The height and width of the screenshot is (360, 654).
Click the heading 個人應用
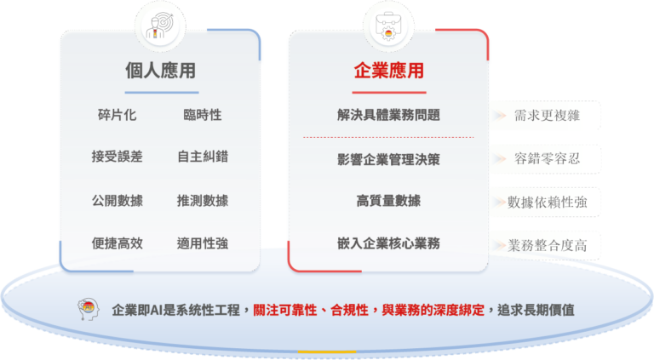point(161,71)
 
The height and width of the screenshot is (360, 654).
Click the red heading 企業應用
point(388,71)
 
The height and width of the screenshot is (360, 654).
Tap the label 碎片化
point(118,115)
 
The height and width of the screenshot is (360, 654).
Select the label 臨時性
point(203,115)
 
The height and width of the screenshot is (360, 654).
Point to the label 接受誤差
point(118,157)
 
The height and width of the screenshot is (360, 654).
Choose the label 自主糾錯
point(203,157)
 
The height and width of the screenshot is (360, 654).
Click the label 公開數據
point(118,201)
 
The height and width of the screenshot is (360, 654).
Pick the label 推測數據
point(203,201)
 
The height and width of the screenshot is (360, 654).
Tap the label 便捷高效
point(118,243)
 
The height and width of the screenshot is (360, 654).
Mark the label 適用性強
point(203,243)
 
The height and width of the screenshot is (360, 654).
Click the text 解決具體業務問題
point(388,115)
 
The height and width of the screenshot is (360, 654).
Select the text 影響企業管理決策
point(388,159)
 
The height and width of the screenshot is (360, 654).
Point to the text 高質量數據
point(388,202)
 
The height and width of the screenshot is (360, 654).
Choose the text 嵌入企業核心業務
point(388,244)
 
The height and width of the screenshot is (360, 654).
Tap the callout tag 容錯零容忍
point(548,158)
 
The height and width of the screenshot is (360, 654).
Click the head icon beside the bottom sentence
point(88,310)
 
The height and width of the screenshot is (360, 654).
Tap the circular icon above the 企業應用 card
point(388,26)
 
